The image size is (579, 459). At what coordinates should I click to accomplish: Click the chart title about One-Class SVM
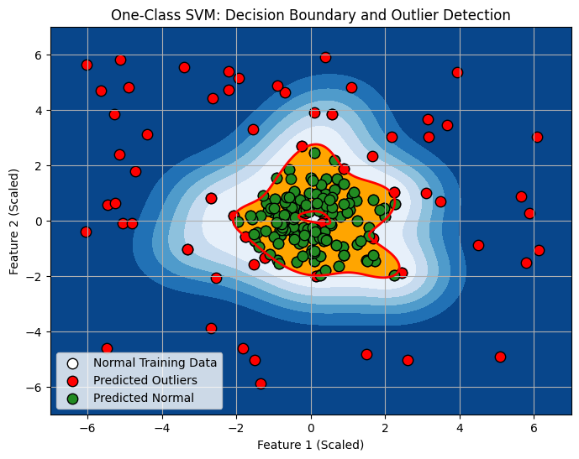tap(311, 15)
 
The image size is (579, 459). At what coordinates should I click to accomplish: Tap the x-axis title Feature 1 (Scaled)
tap(311, 444)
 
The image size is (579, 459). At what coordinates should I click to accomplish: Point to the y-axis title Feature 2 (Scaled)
tap(15, 221)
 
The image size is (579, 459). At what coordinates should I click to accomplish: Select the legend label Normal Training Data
tap(155, 363)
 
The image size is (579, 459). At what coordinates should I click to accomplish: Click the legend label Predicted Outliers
tap(145, 380)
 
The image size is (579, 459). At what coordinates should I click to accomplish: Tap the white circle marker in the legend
tap(73, 363)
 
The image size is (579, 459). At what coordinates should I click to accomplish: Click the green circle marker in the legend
tap(73, 397)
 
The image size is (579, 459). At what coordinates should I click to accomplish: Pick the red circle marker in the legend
tap(73, 380)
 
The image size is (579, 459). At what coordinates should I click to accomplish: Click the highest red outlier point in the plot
tap(325, 58)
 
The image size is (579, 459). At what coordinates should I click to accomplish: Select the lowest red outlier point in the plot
tap(261, 383)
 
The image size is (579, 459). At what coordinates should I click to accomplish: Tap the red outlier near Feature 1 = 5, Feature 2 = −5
tap(500, 357)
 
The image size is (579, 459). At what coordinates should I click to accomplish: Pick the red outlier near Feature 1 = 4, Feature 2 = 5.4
tap(457, 72)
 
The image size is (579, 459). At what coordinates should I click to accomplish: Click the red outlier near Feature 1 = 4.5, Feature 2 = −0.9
tap(478, 245)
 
